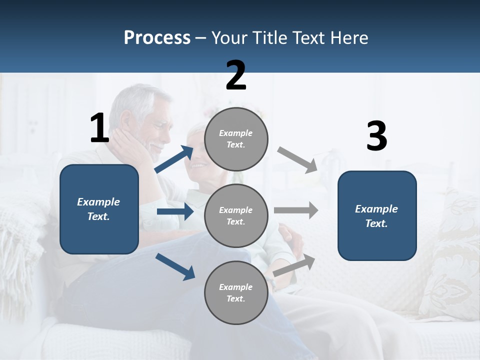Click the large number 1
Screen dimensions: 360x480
99,128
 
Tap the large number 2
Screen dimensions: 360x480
236,75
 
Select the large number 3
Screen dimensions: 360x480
376,136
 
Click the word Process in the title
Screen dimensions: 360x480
157,37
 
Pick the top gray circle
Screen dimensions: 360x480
236,139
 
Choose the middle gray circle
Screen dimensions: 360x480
236,215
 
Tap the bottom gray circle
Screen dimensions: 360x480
236,292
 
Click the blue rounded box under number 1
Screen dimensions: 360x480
99,209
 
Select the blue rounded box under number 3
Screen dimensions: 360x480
377,215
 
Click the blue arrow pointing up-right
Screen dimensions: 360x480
174,159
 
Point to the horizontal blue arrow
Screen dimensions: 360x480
175,212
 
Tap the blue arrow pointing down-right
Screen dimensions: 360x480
175,266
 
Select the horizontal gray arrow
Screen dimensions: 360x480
295,210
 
